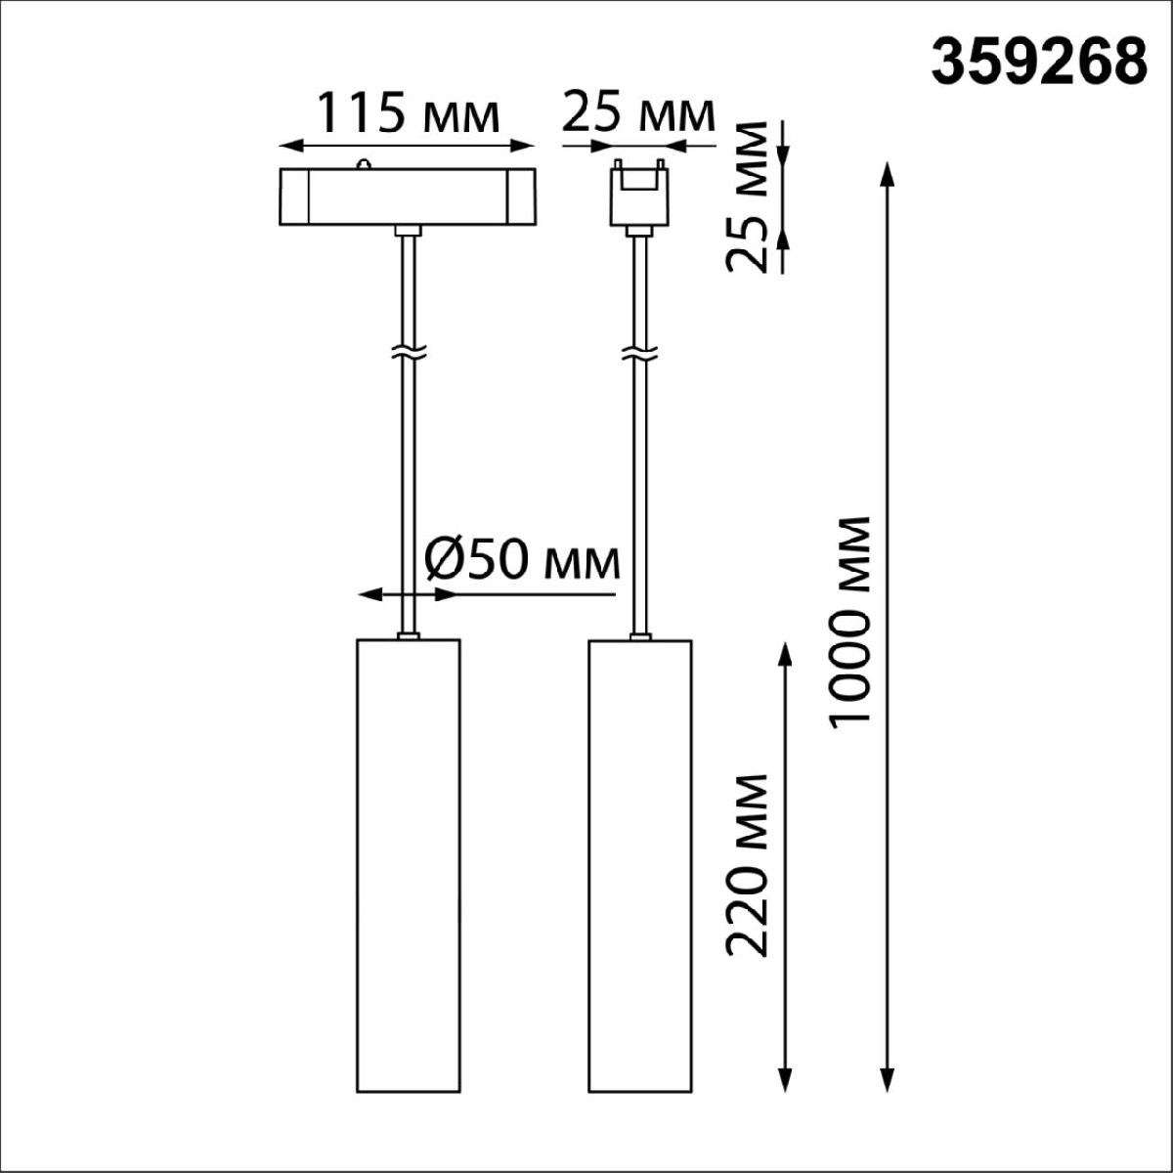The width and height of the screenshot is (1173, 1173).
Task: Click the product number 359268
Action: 1038,63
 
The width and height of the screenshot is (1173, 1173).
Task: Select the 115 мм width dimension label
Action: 405,113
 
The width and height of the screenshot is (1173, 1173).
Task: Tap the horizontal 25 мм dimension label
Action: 637,113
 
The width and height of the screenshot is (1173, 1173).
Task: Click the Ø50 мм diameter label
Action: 523,560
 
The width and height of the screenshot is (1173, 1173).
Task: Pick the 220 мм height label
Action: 749,864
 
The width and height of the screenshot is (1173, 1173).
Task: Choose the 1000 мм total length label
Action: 847,622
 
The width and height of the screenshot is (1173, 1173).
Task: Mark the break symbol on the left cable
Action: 408,351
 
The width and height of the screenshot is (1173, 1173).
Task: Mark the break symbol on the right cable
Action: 639,351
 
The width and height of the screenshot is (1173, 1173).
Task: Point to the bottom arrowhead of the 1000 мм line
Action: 887,1080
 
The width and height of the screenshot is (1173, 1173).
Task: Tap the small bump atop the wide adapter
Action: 364,163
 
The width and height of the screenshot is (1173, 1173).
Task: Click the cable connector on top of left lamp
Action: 408,636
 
